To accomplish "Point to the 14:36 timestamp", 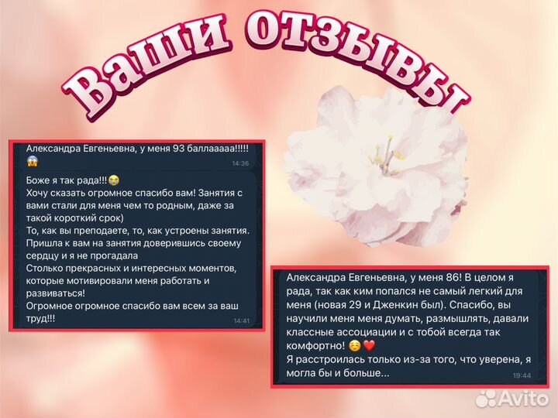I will pos(240,163).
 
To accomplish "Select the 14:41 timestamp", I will pos(241,320).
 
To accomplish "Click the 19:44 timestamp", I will pos(522,375).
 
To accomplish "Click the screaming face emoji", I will pos(33,162).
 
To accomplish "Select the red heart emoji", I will pos(369,346).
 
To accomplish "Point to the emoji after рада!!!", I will pos(114,180).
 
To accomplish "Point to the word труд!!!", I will pos(41,318).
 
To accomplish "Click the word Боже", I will pos(40,180).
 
